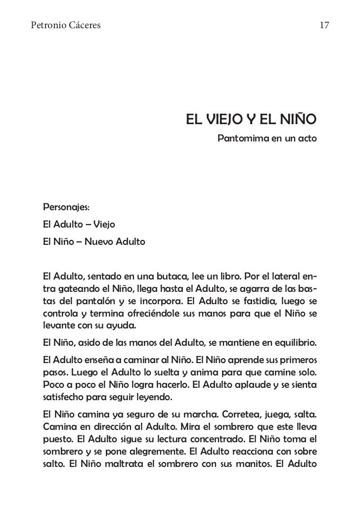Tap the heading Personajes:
click(66, 206)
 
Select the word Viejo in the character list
click(101, 225)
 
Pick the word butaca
click(171, 276)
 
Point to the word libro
click(225, 276)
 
